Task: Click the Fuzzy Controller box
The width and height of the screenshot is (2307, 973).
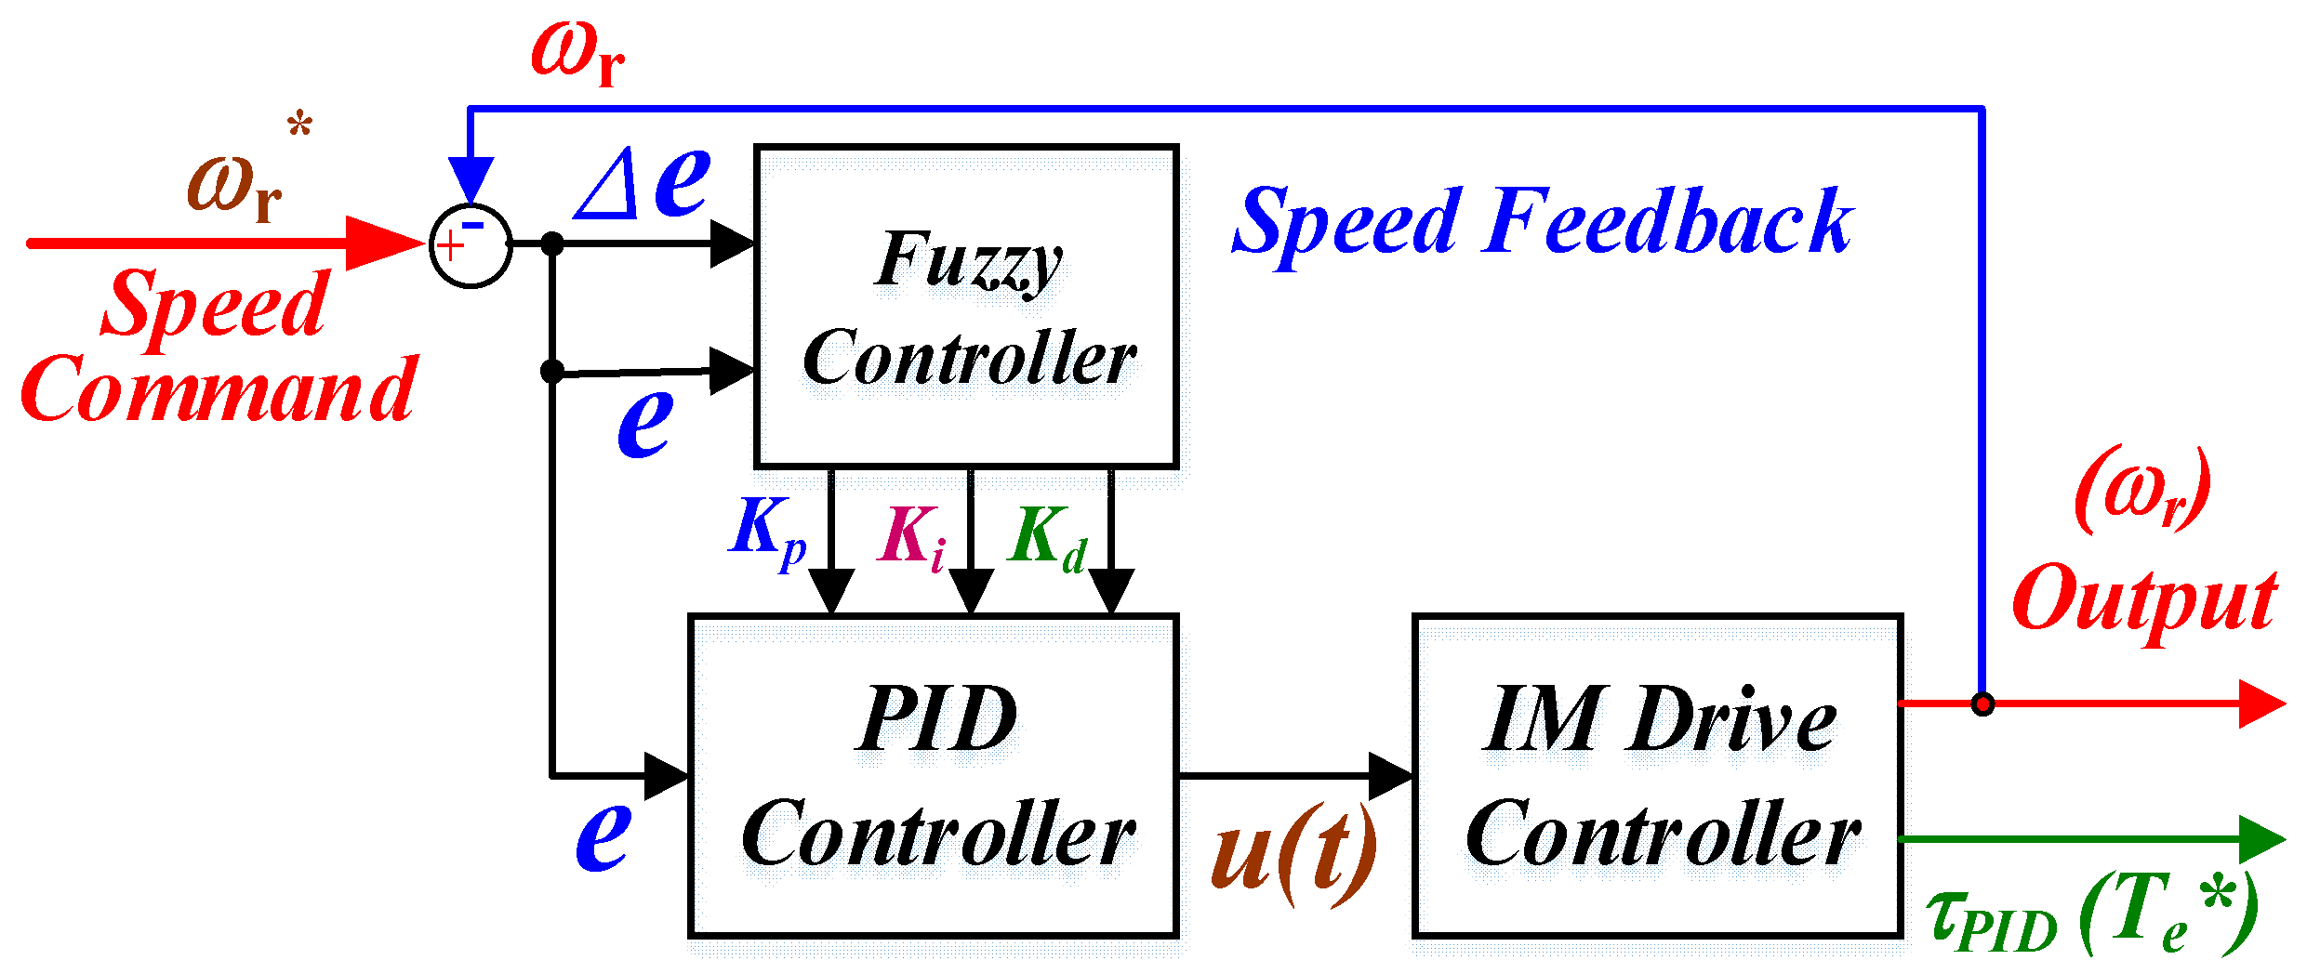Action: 967,307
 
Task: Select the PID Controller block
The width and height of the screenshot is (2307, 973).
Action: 935,776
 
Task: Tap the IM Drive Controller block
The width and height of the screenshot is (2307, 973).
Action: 1658,776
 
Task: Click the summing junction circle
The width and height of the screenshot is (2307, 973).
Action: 471,245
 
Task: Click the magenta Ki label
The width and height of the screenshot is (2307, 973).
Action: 911,537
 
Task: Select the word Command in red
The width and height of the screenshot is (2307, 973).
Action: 219,390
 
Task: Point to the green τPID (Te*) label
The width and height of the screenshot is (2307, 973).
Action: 2092,915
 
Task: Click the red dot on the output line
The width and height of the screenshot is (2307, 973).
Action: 1982,703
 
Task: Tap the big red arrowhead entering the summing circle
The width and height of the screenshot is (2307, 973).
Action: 383,243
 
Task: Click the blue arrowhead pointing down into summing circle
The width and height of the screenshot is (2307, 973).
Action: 471,178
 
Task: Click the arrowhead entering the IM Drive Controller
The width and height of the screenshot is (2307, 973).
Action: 1390,775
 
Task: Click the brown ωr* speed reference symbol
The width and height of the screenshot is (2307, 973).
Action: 237,181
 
